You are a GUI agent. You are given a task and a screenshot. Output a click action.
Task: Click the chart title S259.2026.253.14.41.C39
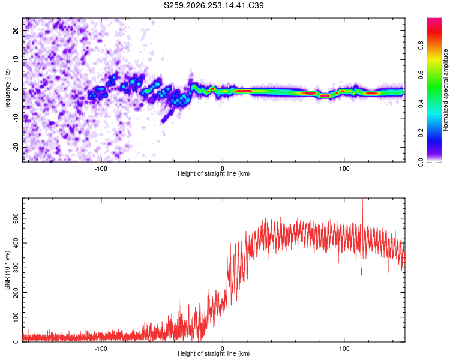(214, 5)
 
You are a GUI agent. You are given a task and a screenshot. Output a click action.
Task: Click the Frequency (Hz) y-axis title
(7, 90)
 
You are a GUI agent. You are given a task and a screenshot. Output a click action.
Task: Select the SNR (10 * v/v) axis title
(7, 270)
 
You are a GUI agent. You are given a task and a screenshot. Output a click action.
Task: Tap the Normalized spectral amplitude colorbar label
(445, 90)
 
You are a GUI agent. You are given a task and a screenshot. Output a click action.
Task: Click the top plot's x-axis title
(214, 173)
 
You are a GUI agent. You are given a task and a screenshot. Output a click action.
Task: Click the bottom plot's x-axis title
(214, 353)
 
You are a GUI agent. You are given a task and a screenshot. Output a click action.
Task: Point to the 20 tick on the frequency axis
(16, 30)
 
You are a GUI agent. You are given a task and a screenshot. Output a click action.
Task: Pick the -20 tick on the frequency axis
(16, 147)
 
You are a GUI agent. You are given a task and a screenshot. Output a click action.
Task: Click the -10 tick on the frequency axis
(16, 118)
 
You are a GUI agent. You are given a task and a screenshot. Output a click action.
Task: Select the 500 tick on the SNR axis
(16, 218)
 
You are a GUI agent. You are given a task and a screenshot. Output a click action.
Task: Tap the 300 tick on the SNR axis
(16, 268)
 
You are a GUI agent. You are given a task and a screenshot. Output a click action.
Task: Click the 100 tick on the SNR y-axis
(16, 317)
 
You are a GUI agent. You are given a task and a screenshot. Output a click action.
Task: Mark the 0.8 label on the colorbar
(421, 46)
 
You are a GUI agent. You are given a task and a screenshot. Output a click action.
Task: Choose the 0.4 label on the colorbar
(421, 104)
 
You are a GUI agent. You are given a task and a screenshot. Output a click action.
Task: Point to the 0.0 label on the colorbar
(421, 162)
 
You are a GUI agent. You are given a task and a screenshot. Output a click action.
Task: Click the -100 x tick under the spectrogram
(100, 169)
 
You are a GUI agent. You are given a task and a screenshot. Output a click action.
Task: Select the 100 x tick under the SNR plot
(344, 349)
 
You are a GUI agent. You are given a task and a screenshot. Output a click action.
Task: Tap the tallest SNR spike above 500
(362, 199)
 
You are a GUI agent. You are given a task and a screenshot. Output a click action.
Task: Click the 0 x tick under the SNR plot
(223, 349)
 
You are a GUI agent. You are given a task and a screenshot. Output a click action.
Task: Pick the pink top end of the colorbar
(434, 19)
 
